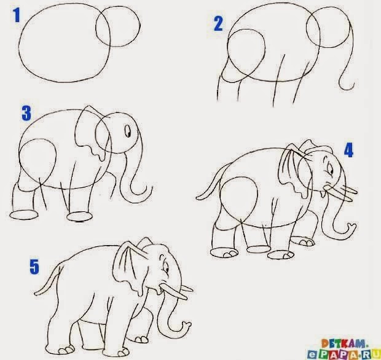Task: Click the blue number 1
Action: [x=17, y=15]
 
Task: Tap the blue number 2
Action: [x=218, y=23]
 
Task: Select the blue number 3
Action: [x=26, y=113]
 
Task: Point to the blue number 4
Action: [x=348, y=150]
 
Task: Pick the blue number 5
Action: [x=34, y=267]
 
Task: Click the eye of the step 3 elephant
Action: [x=128, y=131]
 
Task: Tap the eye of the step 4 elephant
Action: [x=329, y=169]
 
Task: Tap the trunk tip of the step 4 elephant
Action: [x=352, y=227]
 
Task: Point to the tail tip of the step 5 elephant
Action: [x=36, y=294]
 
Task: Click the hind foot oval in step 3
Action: [x=24, y=215]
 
